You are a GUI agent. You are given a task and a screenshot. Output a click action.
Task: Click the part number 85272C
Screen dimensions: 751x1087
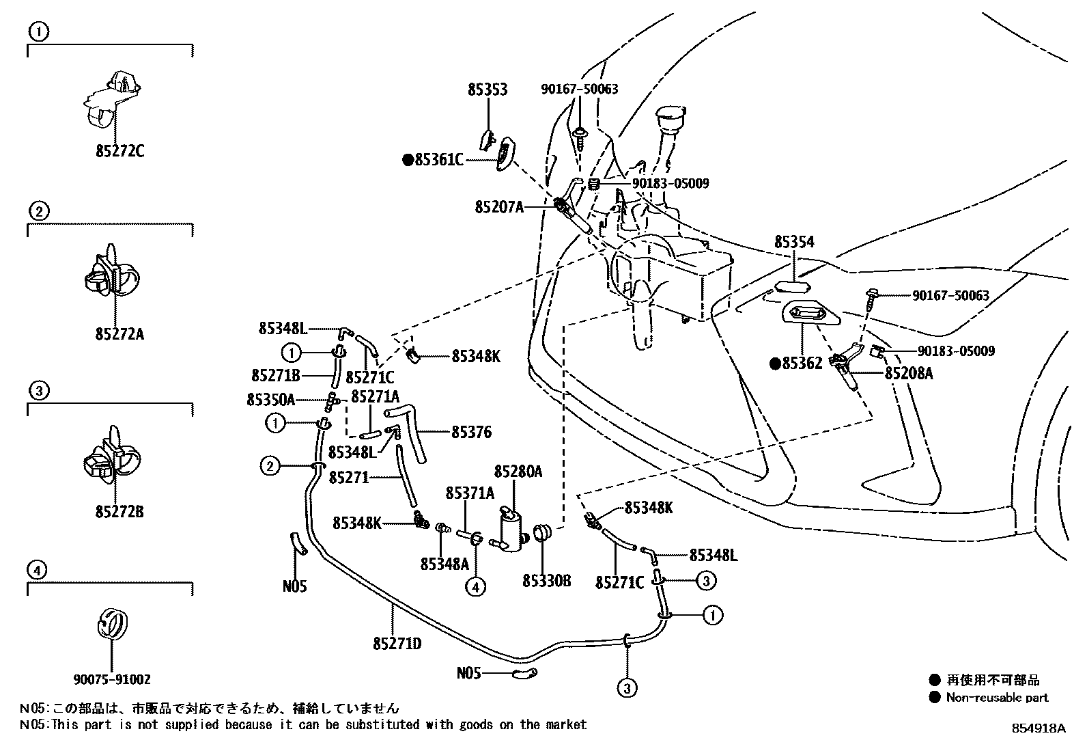tap(119, 151)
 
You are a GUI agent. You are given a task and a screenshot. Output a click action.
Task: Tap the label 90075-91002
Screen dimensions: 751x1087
tap(113, 679)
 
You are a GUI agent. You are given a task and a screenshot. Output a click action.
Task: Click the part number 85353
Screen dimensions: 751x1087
tap(488, 90)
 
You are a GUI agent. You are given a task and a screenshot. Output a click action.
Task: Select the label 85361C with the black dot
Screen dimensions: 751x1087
tap(434, 161)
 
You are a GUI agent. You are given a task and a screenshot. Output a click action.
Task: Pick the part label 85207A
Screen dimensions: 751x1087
tap(499, 206)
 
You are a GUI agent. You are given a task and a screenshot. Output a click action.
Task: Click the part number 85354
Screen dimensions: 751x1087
tap(794, 243)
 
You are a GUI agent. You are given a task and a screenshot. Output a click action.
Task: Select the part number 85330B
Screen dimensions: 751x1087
tap(546, 581)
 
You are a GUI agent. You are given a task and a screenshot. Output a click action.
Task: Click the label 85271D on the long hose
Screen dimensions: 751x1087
tap(397, 644)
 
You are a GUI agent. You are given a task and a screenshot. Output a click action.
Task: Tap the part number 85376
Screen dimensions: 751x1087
tap(471, 432)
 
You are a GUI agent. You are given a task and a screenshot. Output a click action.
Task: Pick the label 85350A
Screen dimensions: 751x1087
tap(270, 400)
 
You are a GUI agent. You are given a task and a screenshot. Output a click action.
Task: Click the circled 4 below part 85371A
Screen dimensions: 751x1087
tap(477, 586)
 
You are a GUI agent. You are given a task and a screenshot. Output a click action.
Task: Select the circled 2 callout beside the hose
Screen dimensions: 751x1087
tap(270, 467)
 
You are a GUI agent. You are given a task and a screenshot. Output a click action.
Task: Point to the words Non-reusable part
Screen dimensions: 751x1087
tap(996, 698)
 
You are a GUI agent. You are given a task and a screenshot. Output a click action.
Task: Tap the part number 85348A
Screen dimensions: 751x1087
tap(444, 564)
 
